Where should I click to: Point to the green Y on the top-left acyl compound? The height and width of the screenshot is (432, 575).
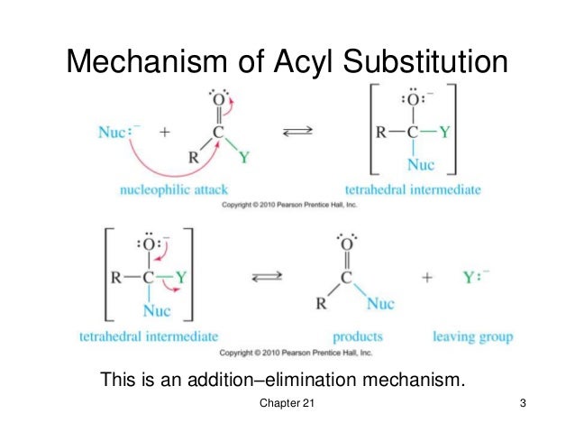coord(241,160)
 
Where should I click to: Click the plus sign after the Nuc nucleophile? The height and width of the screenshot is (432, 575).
coord(165,133)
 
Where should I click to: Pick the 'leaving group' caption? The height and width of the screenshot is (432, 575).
coord(472,336)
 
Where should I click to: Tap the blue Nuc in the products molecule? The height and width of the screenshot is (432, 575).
coord(379,304)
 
